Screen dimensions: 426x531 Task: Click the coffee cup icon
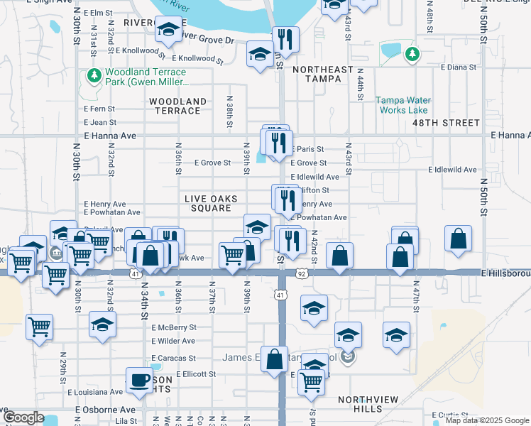tap(139, 380)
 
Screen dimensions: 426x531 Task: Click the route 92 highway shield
tap(302, 273)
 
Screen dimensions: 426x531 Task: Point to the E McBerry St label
tap(174, 327)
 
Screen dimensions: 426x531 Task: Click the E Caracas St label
tap(174, 358)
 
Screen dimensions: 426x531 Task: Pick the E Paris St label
tap(306, 149)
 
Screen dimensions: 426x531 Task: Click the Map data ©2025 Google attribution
tap(486, 421)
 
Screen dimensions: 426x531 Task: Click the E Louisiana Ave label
tap(95, 392)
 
